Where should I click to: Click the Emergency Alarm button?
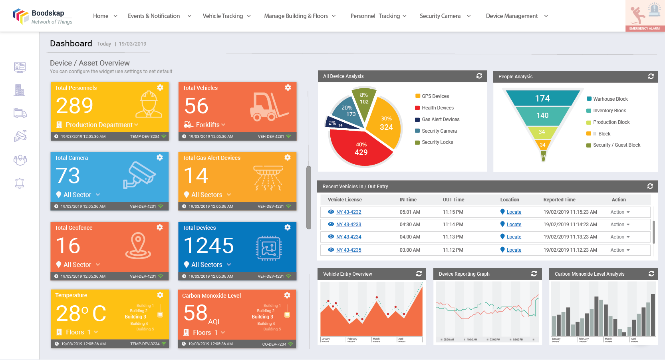[x=645, y=16]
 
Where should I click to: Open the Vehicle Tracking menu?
[x=226, y=16]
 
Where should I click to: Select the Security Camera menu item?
[x=445, y=16]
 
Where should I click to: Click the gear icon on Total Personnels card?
[x=160, y=88]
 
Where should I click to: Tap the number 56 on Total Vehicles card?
[x=197, y=106]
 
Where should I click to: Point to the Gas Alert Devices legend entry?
[x=440, y=119]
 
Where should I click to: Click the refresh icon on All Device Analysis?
[x=479, y=76]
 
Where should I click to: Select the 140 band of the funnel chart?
[x=542, y=115]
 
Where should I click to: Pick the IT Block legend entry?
[x=601, y=134]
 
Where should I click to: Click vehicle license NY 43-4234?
[x=348, y=237]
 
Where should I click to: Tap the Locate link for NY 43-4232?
[x=514, y=212]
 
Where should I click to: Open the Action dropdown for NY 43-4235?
[x=620, y=250]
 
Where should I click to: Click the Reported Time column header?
[x=559, y=200]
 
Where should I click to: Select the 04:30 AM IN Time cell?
[x=410, y=225]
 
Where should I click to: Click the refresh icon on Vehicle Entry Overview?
[x=419, y=274]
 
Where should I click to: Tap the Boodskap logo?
[x=42, y=16]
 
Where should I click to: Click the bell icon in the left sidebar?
[x=20, y=183]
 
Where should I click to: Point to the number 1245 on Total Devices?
[x=209, y=246]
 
